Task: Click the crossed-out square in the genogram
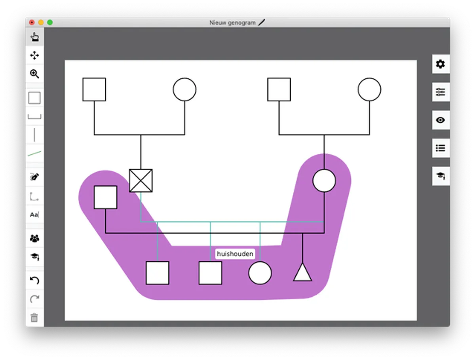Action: click(x=141, y=181)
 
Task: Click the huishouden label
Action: click(x=235, y=254)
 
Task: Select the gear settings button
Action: click(x=440, y=64)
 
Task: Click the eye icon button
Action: click(x=440, y=120)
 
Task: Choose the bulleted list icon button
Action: click(x=440, y=148)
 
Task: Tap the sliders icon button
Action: click(x=440, y=92)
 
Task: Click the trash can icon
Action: click(x=34, y=318)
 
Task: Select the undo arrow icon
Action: click(x=34, y=280)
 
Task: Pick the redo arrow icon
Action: click(x=34, y=299)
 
